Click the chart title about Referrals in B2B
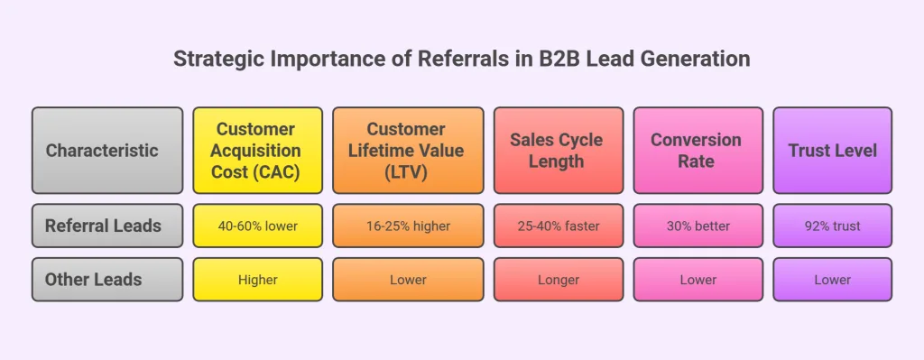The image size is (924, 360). click(461, 60)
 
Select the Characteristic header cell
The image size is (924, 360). click(102, 151)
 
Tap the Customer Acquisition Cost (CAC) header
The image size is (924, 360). click(257, 151)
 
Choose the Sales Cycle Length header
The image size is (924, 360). click(558, 151)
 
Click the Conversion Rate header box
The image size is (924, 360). click(696, 151)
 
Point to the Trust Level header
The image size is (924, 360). click(832, 151)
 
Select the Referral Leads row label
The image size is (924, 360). click(102, 226)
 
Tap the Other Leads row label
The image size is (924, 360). click(102, 280)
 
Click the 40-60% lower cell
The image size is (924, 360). click(257, 226)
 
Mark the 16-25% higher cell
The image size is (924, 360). click(408, 226)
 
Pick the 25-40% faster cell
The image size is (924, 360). click(558, 226)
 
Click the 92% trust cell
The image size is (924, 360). click(832, 226)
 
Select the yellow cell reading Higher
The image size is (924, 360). click(257, 280)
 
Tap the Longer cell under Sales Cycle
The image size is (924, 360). click(558, 280)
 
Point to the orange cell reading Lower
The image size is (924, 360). click(408, 280)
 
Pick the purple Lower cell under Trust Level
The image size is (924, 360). click(832, 280)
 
